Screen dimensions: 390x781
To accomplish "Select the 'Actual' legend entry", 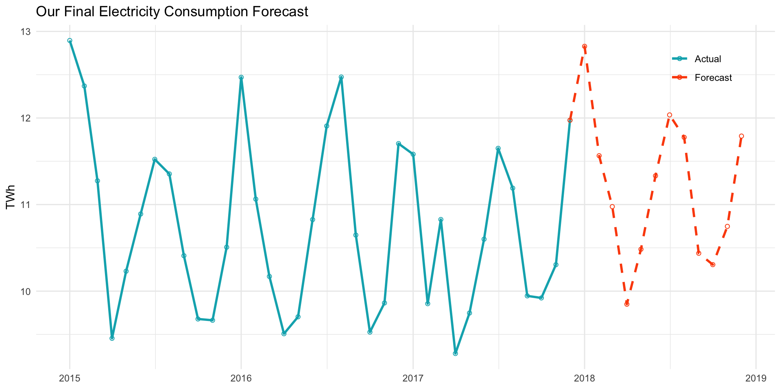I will pyautogui.click(x=707, y=59).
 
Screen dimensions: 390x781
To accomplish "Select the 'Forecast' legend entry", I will pyautogui.click(x=713, y=78).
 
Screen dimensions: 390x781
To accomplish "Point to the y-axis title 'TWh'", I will pyautogui.click(x=11, y=197).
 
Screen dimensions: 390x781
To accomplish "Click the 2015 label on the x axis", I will pyautogui.click(x=70, y=379).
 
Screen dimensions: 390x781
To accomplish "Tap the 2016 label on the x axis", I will pyautogui.click(x=241, y=379).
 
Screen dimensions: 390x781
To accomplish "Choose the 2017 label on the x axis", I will pyautogui.click(x=413, y=379).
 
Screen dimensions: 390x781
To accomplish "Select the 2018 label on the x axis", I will pyautogui.click(x=585, y=379).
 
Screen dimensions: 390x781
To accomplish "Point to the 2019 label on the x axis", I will pyautogui.click(x=756, y=379).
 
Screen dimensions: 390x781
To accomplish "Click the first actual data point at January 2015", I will pyautogui.click(x=70, y=41).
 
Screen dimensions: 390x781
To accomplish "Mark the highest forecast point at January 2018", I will pyautogui.click(x=585, y=46).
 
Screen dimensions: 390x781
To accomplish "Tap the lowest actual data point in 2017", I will pyautogui.click(x=455, y=353).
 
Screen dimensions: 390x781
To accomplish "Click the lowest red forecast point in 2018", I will pyautogui.click(x=627, y=304).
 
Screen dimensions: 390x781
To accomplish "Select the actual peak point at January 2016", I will pyautogui.click(x=241, y=77).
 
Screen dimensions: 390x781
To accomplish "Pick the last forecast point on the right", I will pyautogui.click(x=741, y=136).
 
